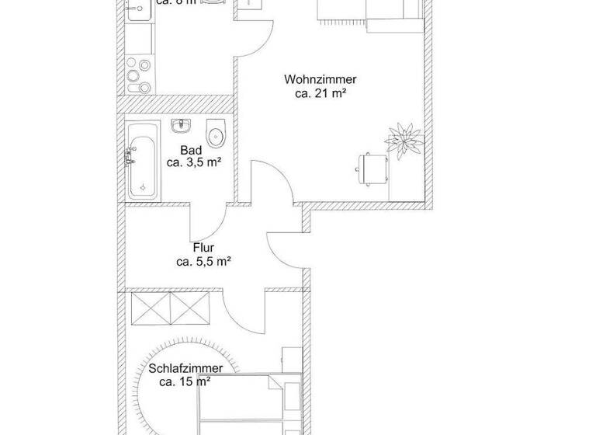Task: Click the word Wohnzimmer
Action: pos(321,79)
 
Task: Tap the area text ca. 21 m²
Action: pos(321,93)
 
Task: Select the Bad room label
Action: pos(191,150)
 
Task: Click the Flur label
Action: pos(203,249)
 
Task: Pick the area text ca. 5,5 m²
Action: pos(203,263)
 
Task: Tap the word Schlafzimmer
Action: pos(185,368)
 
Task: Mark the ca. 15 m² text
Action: pos(185,381)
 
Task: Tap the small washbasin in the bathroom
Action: pos(182,126)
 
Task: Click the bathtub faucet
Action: pos(129,158)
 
